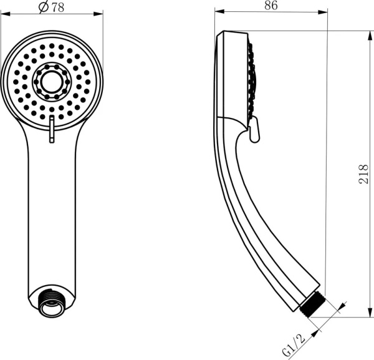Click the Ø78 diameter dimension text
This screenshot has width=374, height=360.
[x=52, y=7]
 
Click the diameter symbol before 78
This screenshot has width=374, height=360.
[x=44, y=7]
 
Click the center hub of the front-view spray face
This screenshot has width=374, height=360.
[x=51, y=80]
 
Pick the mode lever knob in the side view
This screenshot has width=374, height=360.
[x=254, y=132]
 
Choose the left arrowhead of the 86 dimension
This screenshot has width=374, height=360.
[x=218, y=11]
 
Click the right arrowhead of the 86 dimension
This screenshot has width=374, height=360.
[x=324, y=11]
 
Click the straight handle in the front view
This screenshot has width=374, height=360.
[x=52, y=218]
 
